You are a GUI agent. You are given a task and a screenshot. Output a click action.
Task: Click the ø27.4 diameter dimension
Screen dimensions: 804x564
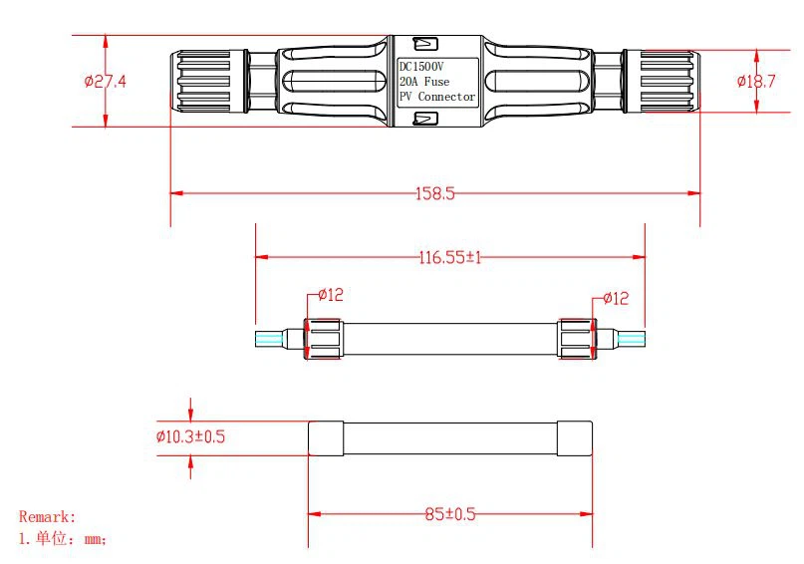click(x=106, y=82)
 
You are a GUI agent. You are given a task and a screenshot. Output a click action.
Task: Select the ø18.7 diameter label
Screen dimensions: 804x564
click(x=756, y=82)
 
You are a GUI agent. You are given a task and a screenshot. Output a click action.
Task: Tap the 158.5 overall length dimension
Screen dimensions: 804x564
click(x=434, y=193)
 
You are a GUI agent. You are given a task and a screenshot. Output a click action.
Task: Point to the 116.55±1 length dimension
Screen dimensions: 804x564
click(x=450, y=257)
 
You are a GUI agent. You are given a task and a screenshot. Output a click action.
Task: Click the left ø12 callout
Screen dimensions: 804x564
click(x=330, y=295)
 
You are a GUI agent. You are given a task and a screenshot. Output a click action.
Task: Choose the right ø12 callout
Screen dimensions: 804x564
click(x=616, y=298)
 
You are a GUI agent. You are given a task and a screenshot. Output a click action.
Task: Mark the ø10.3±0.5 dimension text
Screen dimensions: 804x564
click(x=190, y=436)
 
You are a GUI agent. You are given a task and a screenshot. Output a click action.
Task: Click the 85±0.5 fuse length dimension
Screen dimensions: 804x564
click(x=450, y=514)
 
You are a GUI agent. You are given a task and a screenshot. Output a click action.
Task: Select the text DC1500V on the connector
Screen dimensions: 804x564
click(x=421, y=67)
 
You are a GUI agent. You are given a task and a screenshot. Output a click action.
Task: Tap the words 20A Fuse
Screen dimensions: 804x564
click(x=424, y=82)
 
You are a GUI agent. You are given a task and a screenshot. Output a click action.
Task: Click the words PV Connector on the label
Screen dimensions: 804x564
click(x=437, y=97)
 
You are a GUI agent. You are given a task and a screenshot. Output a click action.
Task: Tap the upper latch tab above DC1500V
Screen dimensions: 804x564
click(x=425, y=44)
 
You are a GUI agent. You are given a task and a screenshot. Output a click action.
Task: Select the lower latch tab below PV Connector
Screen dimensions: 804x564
click(x=425, y=119)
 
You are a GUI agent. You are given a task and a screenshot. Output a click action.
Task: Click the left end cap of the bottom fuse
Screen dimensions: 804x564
click(x=326, y=438)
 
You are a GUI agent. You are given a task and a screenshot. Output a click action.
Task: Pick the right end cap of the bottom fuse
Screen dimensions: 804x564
click(x=575, y=438)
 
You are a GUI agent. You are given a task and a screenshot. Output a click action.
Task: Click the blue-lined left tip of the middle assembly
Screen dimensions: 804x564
click(x=269, y=339)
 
